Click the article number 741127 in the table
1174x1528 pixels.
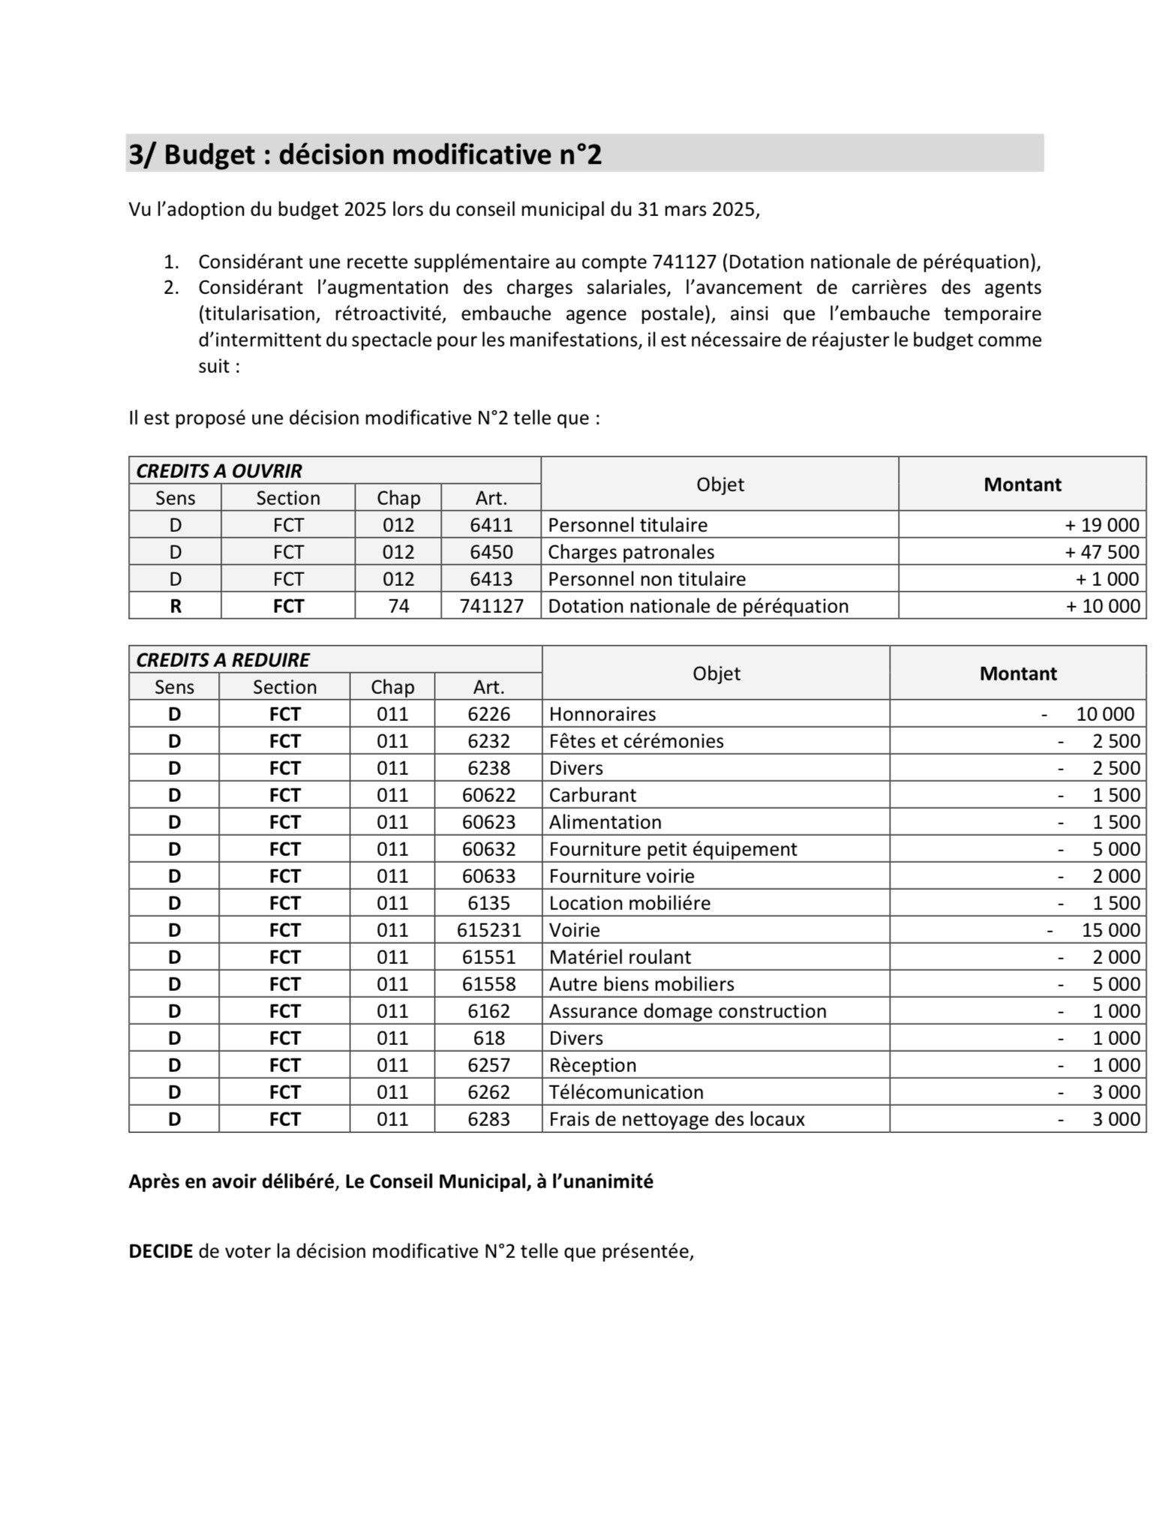pos(491,606)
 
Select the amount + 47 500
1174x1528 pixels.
pos(1102,552)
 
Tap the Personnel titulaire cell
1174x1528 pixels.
pos(628,525)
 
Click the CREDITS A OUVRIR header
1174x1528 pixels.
pos(219,471)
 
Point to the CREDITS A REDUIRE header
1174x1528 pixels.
pos(223,660)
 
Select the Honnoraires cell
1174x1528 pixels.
pos(602,714)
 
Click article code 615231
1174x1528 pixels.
pos(489,930)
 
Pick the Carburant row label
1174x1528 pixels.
pos(593,795)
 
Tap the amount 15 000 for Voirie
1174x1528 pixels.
pos(1110,930)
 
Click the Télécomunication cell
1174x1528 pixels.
pos(626,1092)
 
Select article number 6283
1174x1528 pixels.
pos(489,1119)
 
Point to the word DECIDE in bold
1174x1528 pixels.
pos(161,1251)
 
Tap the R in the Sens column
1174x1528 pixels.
pos(176,606)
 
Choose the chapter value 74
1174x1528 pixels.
pos(398,606)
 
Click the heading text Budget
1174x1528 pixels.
pos(209,155)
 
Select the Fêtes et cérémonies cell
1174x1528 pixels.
pos(636,741)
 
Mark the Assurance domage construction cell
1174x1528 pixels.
pos(687,1011)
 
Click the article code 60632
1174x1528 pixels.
pos(489,849)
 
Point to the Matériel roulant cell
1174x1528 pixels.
pos(620,957)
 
